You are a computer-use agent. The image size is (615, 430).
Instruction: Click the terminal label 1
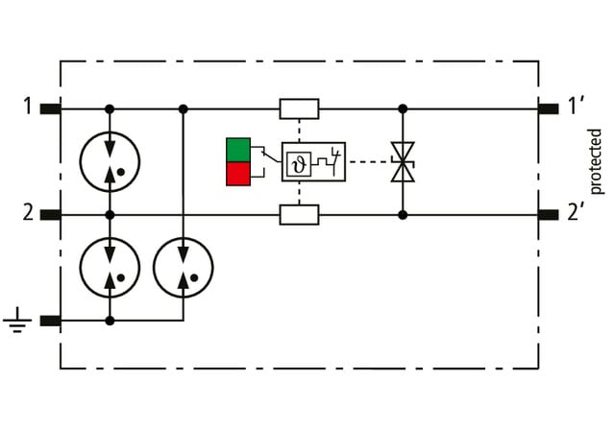point(27,107)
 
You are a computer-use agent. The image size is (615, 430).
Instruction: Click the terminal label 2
point(27,213)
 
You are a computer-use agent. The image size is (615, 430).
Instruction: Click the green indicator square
point(237,150)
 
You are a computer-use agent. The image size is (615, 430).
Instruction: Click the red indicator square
point(237,173)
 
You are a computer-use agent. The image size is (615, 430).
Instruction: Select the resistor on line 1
point(299,108)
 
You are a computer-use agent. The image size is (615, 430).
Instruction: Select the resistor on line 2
point(299,214)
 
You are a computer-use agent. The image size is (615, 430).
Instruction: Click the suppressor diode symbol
point(403,161)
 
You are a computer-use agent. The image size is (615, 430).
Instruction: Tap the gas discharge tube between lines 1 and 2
point(110,160)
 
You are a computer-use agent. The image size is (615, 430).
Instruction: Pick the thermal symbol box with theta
point(296,161)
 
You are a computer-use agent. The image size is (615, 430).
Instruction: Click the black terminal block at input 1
point(50,107)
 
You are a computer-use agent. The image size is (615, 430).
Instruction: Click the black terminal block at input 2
point(50,214)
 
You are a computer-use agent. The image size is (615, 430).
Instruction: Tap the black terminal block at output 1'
point(548,107)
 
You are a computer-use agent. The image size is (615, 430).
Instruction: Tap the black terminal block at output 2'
point(548,214)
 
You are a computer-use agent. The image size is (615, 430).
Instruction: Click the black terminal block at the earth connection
point(50,321)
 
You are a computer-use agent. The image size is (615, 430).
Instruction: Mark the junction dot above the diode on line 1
point(403,108)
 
